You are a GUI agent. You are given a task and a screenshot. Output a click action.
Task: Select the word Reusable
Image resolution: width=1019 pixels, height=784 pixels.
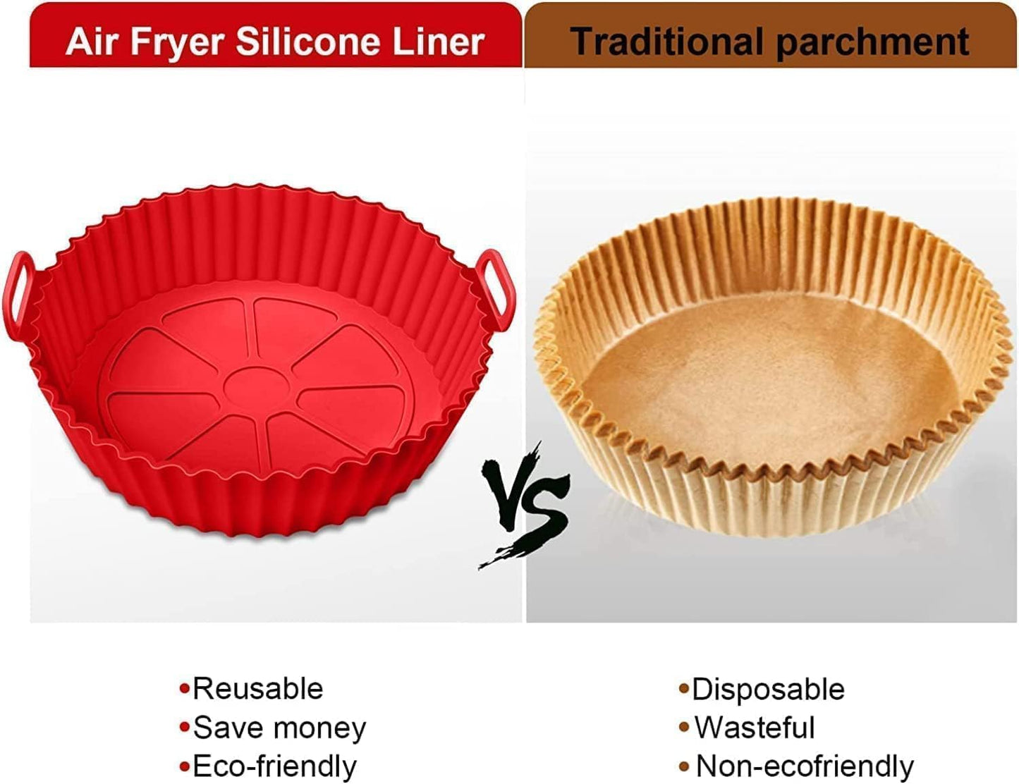257,689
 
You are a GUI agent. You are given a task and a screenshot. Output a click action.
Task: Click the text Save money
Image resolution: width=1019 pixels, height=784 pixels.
279,728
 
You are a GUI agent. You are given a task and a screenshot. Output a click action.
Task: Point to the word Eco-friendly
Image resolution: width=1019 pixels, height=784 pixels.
274,766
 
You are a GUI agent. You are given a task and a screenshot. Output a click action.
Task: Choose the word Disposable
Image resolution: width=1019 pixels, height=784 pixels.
768,690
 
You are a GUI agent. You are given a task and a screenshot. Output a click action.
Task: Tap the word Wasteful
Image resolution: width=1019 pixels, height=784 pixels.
755,728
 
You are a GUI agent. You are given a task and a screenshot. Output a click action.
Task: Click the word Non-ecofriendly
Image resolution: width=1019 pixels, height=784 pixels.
805,766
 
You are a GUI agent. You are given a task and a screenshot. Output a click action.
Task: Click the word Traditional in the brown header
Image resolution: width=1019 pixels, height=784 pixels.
667,41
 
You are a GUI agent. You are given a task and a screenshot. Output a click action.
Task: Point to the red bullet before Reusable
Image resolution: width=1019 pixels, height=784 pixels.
185,689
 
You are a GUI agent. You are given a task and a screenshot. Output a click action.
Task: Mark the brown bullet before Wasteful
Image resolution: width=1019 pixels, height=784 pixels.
683,728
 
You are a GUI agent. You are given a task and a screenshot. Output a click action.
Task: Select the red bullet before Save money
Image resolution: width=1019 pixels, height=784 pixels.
185,728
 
